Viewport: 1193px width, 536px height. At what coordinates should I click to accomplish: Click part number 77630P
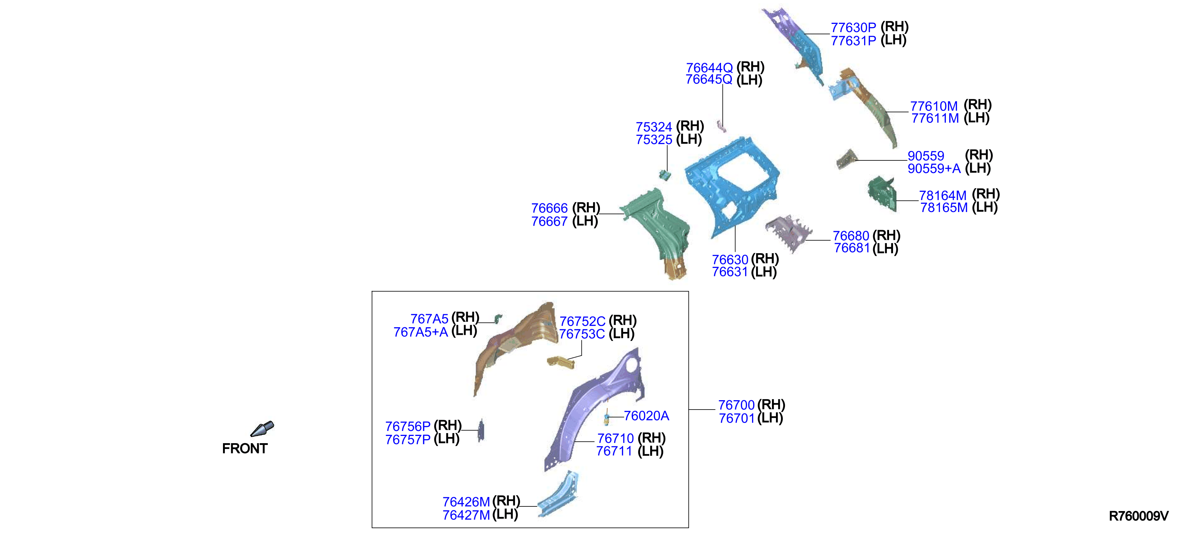click(853, 27)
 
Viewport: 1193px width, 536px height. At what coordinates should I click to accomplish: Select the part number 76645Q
click(709, 79)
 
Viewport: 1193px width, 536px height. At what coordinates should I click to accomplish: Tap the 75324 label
click(653, 127)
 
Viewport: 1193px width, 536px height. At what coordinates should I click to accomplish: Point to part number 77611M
click(935, 118)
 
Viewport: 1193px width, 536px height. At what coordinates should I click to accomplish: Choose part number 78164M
click(943, 195)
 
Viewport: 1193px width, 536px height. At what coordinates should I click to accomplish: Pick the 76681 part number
click(852, 248)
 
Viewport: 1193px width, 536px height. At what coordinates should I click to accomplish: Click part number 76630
click(730, 259)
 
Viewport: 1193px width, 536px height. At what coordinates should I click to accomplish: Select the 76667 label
click(549, 221)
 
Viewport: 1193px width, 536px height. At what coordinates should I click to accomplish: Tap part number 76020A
click(646, 416)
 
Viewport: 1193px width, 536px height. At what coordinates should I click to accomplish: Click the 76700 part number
click(736, 405)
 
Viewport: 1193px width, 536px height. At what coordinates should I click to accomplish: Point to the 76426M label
click(466, 502)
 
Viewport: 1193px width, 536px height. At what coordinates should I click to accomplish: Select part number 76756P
click(408, 426)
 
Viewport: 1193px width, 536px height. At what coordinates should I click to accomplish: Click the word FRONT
click(245, 449)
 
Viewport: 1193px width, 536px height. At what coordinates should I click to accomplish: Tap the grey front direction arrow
click(262, 429)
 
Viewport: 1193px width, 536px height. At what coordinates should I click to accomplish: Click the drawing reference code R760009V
click(1138, 516)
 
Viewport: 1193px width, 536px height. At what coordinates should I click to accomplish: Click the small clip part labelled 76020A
click(606, 417)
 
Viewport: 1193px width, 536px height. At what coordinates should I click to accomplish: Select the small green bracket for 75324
click(665, 174)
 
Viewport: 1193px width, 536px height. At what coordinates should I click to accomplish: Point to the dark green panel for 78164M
click(882, 194)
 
